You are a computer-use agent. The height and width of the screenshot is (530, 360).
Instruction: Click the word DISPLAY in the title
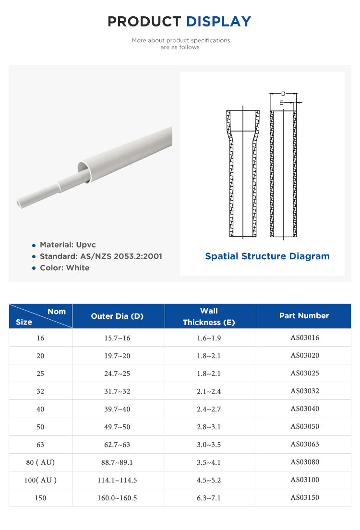(x=218, y=22)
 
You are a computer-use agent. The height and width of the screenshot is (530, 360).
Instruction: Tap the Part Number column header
(x=304, y=316)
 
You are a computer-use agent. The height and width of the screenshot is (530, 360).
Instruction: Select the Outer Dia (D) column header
(x=117, y=316)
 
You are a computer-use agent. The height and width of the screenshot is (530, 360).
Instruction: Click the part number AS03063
(x=304, y=444)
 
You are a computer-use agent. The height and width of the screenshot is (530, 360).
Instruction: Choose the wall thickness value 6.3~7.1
(x=209, y=498)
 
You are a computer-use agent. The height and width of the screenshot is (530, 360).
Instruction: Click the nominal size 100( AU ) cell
(x=40, y=480)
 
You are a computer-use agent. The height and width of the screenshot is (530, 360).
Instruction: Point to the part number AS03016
(x=304, y=337)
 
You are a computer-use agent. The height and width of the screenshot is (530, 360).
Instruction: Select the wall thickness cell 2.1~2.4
(x=209, y=391)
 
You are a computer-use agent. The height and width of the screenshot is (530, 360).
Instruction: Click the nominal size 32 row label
(x=40, y=391)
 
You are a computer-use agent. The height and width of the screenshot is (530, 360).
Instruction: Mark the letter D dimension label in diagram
(x=283, y=94)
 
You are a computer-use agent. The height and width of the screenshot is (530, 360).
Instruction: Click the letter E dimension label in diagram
(x=282, y=103)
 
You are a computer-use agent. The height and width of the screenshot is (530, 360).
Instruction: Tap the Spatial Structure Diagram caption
(x=267, y=256)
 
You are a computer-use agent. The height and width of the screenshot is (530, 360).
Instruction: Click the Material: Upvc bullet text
(x=68, y=245)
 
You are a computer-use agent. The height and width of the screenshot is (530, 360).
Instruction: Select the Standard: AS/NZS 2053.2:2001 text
(x=101, y=256)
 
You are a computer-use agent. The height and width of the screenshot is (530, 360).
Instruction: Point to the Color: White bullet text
(x=64, y=268)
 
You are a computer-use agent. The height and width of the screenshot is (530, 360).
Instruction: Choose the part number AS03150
(x=304, y=497)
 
